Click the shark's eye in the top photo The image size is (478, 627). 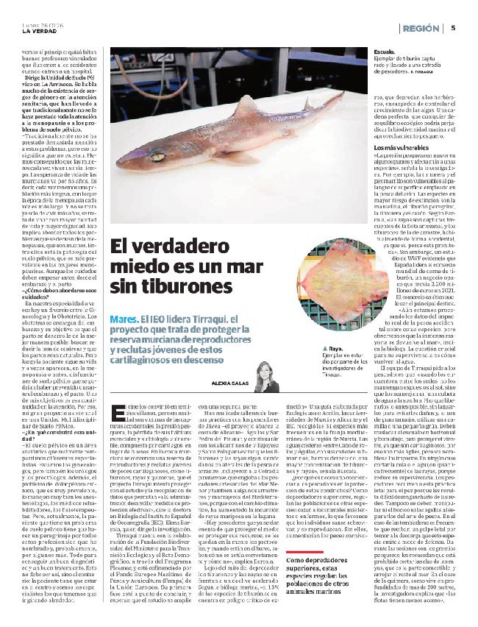[178, 156]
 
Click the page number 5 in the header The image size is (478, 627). [454, 28]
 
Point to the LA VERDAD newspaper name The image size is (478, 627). [38, 30]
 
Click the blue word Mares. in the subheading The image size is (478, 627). [124, 319]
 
